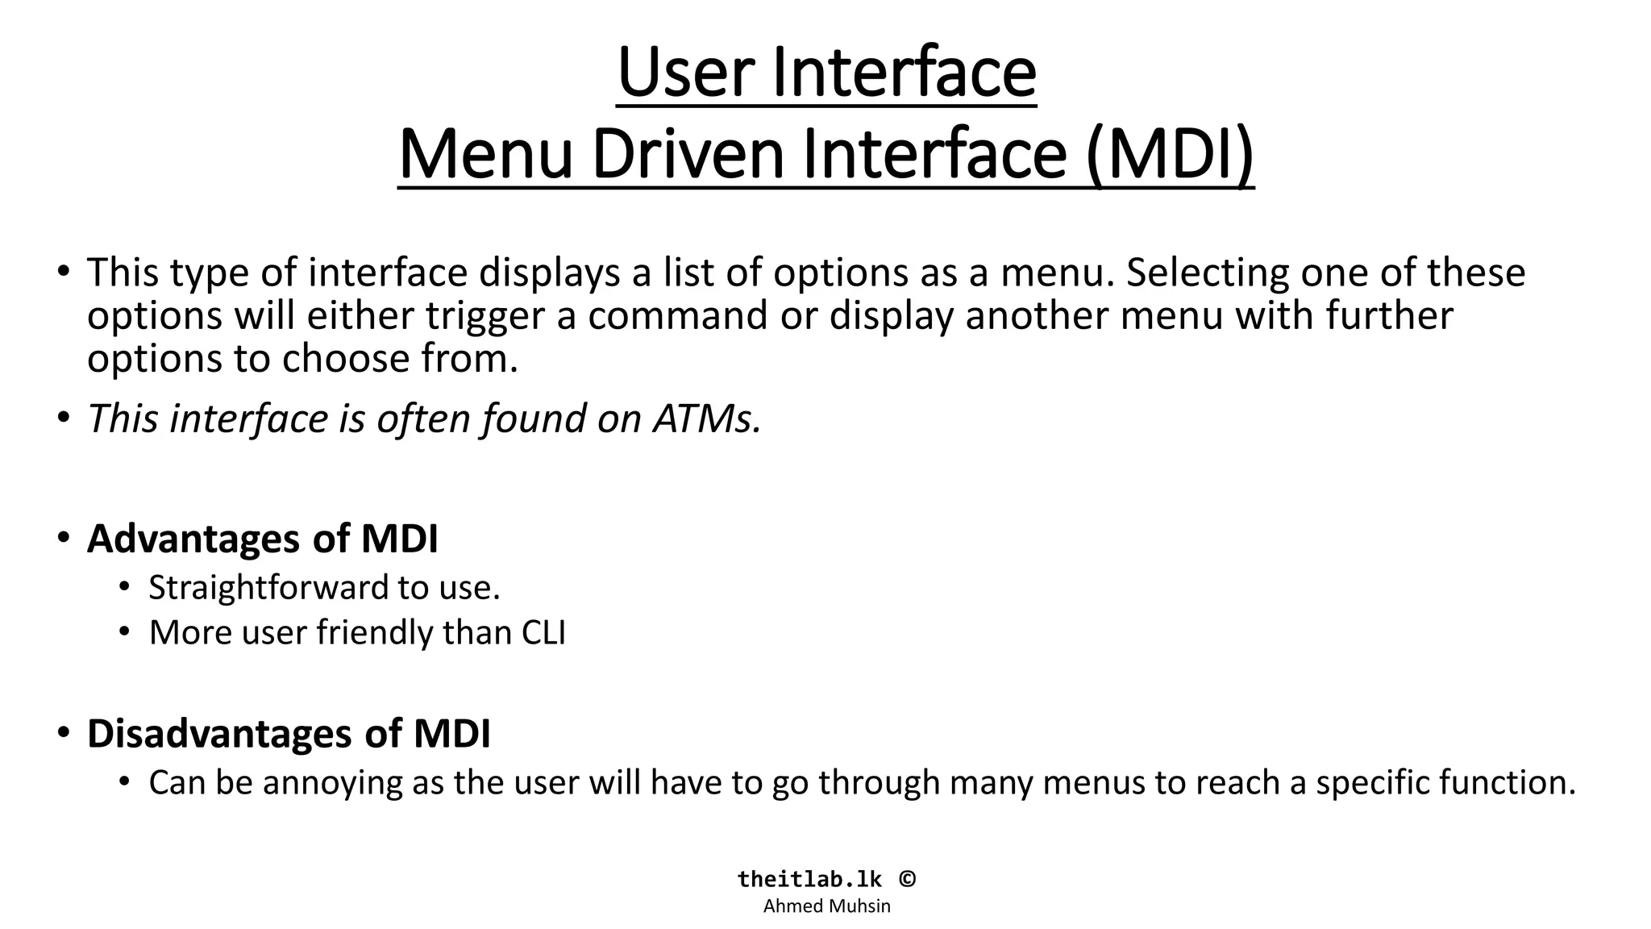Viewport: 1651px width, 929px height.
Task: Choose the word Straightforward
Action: pyautogui.click(x=271, y=588)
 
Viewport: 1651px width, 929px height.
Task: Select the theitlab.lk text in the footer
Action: pyautogui.click(x=809, y=879)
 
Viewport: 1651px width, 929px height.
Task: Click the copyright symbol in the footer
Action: pyautogui.click(x=907, y=879)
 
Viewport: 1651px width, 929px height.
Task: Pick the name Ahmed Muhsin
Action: pyautogui.click(x=826, y=906)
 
